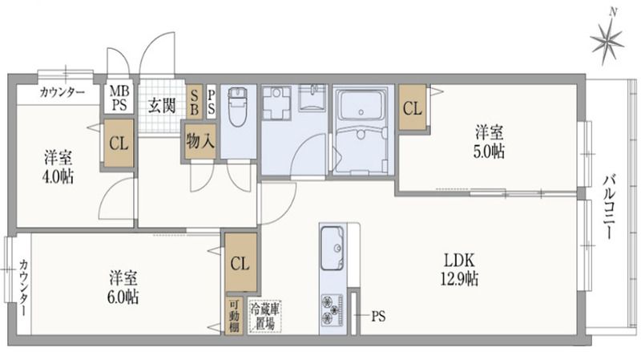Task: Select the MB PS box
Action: [119, 99]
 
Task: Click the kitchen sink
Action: [332, 249]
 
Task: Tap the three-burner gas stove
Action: [332, 310]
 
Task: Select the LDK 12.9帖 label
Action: [461, 270]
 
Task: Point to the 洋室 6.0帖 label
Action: [124, 287]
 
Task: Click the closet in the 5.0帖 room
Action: [413, 108]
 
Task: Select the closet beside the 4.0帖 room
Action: [119, 144]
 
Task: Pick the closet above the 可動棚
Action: [240, 262]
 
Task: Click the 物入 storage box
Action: [200, 141]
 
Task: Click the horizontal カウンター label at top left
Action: [63, 93]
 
